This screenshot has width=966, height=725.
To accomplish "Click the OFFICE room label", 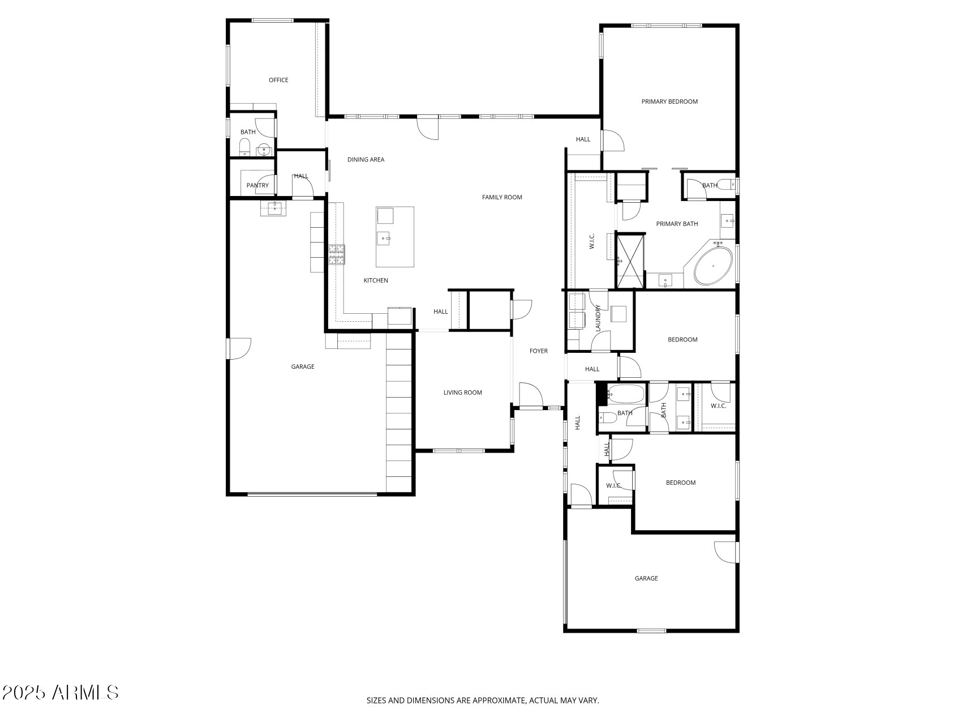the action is click(x=278, y=80).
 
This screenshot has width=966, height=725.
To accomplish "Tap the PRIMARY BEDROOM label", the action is click(x=669, y=102).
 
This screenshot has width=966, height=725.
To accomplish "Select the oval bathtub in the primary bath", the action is click(x=713, y=265).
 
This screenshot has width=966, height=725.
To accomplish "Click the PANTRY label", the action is click(x=257, y=186).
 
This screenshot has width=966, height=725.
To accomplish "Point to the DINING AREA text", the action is click(x=366, y=160).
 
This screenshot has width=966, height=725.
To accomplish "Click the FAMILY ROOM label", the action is click(x=502, y=198).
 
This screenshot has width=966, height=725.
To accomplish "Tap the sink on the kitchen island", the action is click(x=384, y=238).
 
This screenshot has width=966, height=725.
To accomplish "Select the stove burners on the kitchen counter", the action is click(x=337, y=254).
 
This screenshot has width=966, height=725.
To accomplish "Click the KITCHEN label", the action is click(x=376, y=281).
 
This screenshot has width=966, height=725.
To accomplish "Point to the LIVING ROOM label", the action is click(x=462, y=393).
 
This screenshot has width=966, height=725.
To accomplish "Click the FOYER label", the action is click(x=539, y=351).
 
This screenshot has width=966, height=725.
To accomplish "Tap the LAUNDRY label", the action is click(x=598, y=318).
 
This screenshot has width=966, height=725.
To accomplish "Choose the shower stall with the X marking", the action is click(x=630, y=261).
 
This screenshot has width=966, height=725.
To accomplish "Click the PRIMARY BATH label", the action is click(x=677, y=224).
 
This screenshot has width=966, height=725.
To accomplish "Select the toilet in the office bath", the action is click(x=244, y=148).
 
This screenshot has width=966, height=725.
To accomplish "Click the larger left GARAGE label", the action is click(x=303, y=367).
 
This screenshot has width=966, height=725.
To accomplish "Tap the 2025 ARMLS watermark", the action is click(x=60, y=692).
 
